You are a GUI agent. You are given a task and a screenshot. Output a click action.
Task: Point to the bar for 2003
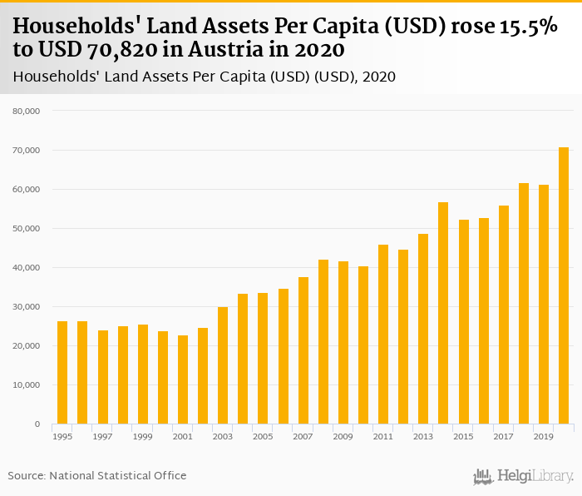pyautogui.click(x=223, y=365)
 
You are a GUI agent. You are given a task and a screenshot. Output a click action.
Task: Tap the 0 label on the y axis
pyautogui.click(x=37, y=424)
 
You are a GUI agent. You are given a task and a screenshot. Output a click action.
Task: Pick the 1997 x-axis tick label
pyautogui.click(x=102, y=436)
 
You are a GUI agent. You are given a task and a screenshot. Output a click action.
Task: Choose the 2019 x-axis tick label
pyautogui.click(x=544, y=436)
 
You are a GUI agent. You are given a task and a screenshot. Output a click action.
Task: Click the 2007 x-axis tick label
pyautogui.click(x=303, y=436)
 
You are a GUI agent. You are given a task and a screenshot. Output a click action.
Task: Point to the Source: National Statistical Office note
pyautogui.click(x=97, y=475)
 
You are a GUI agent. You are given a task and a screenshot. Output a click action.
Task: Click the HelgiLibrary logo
pyautogui.click(x=524, y=476)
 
